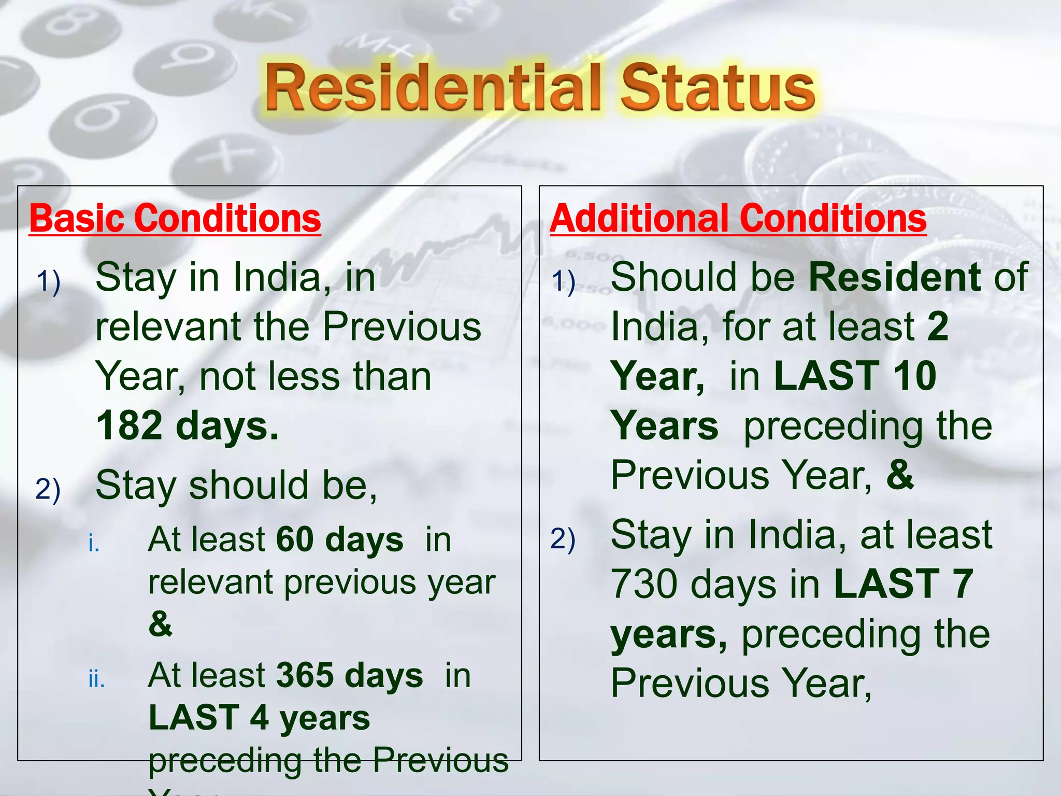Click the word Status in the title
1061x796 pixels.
(718, 88)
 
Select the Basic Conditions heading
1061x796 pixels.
(175, 219)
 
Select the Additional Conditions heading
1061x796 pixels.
(738, 219)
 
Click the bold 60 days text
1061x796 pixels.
(339, 539)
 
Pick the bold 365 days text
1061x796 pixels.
(350, 675)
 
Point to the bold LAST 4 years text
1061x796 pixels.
(259, 718)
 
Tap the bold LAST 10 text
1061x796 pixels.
(855, 376)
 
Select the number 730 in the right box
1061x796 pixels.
(646, 584)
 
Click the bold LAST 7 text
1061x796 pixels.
(904, 584)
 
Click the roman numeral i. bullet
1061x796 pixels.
(94, 543)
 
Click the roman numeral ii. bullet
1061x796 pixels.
(96, 679)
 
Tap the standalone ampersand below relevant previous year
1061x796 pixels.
(160, 624)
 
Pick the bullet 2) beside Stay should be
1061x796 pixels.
(48, 489)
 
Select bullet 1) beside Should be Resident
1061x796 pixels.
(563, 282)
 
